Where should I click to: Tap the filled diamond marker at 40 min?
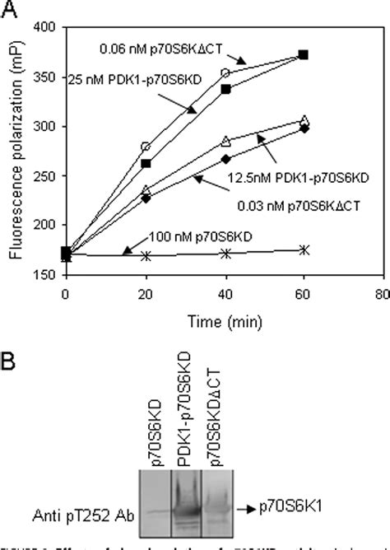[225, 158]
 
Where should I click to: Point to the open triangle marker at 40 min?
[225, 141]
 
